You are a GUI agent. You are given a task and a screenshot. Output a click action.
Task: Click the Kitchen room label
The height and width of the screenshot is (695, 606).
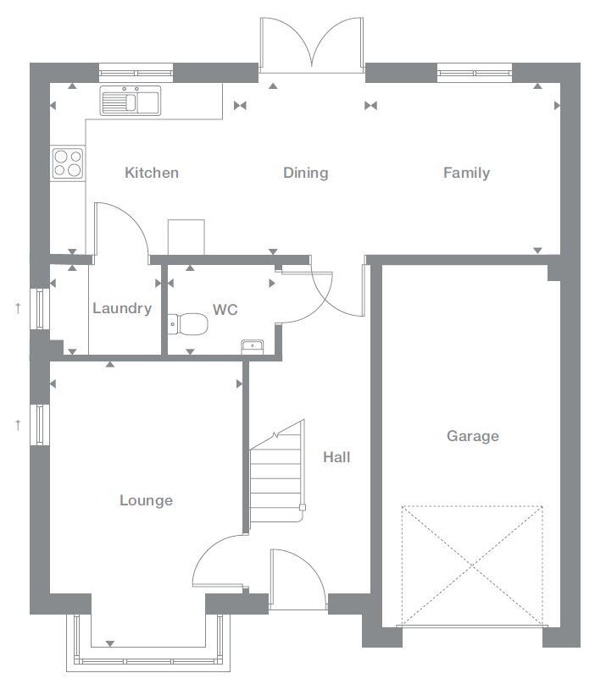pyautogui.click(x=152, y=173)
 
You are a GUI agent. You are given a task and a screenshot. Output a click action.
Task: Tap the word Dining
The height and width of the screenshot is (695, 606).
pyautogui.click(x=305, y=173)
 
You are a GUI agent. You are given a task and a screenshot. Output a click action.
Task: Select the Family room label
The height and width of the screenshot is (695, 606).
pyautogui.click(x=466, y=173)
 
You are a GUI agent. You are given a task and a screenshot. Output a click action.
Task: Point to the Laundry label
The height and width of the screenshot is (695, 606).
pyautogui.click(x=122, y=308)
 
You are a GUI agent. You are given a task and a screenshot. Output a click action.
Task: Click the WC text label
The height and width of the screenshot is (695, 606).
pyautogui.click(x=225, y=310)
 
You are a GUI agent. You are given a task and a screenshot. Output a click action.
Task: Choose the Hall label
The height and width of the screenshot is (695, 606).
pyautogui.click(x=336, y=457)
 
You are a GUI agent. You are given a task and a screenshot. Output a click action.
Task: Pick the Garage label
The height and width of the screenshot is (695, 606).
pyautogui.click(x=473, y=436)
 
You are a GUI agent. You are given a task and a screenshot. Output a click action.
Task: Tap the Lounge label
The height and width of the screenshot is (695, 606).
pyautogui.click(x=146, y=500)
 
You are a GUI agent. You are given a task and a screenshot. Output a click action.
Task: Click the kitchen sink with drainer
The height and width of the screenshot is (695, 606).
pyautogui.click(x=131, y=102)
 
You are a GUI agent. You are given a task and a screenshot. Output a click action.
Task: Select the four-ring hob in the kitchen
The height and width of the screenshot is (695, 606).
pyautogui.click(x=68, y=163)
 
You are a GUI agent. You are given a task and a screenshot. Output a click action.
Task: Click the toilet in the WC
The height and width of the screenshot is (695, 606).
pyautogui.click(x=190, y=323)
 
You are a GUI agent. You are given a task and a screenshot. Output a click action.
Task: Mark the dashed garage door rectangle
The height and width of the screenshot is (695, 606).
pyautogui.click(x=472, y=566)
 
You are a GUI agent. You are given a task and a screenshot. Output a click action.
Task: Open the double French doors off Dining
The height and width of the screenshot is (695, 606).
pyautogui.click(x=313, y=44)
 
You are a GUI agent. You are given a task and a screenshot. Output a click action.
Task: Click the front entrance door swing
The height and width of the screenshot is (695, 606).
pyautogui.click(x=297, y=579)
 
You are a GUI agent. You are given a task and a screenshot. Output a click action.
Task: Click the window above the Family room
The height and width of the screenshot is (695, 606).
pyautogui.click(x=475, y=72)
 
